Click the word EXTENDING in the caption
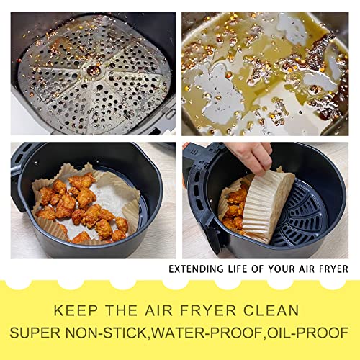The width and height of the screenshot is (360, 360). click(192, 269)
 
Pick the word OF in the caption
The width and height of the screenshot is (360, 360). click(252, 269)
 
